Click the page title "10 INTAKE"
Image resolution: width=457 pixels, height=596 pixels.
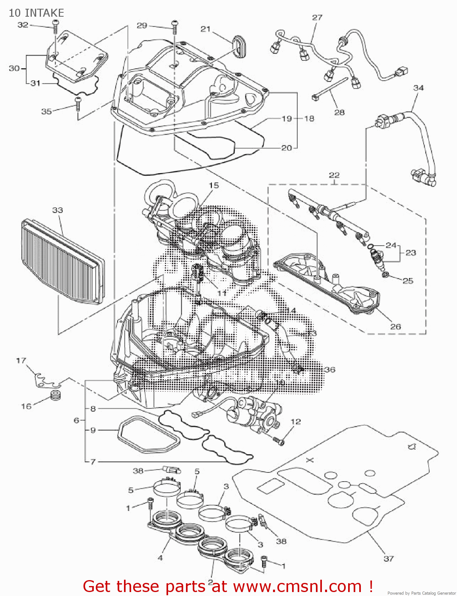(x=36, y=13)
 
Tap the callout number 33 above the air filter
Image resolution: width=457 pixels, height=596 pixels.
(x=58, y=210)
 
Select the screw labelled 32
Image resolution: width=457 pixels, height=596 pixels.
(x=55, y=28)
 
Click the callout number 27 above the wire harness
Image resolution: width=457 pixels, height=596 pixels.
(x=317, y=17)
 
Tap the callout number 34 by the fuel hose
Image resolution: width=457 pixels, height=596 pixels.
(x=418, y=88)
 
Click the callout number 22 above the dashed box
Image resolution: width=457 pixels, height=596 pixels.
(x=334, y=175)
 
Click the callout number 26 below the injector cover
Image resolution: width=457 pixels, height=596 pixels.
(x=395, y=327)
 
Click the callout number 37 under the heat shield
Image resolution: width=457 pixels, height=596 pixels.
(x=389, y=558)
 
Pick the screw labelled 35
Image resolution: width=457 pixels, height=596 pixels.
(x=78, y=104)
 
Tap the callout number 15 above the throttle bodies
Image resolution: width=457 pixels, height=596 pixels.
(x=214, y=185)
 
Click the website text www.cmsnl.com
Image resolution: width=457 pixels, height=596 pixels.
(x=297, y=586)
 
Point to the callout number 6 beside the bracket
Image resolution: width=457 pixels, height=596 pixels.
(x=77, y=420)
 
